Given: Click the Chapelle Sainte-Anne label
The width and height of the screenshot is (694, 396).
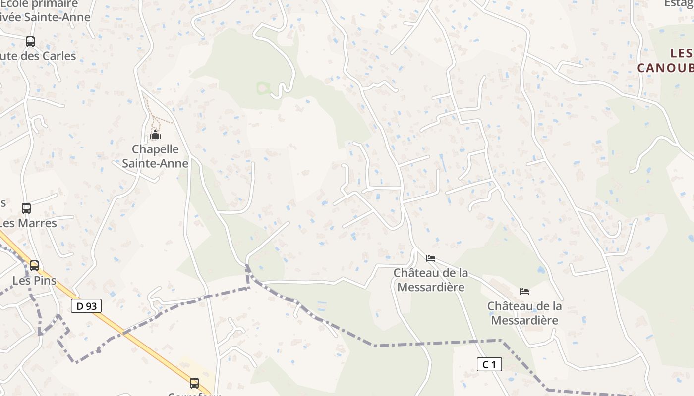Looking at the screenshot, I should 155,156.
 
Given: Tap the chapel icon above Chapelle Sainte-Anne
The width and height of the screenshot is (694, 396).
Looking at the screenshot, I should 155,135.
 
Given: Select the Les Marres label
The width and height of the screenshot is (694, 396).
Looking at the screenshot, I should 28,223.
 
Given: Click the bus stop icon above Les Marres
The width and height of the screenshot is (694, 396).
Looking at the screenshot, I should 26,208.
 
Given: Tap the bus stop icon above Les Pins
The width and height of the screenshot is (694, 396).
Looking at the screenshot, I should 34,266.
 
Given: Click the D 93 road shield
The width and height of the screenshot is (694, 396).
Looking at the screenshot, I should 86,306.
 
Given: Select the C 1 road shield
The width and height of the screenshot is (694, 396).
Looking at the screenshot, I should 489,365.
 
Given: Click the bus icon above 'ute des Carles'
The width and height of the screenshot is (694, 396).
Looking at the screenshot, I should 30,42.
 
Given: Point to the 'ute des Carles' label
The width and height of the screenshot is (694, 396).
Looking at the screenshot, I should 38,56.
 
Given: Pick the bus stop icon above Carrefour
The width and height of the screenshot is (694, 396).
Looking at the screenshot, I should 194,383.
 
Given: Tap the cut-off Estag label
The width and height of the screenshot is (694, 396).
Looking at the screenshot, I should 679,3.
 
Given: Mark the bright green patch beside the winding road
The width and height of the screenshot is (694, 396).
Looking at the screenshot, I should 263,89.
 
